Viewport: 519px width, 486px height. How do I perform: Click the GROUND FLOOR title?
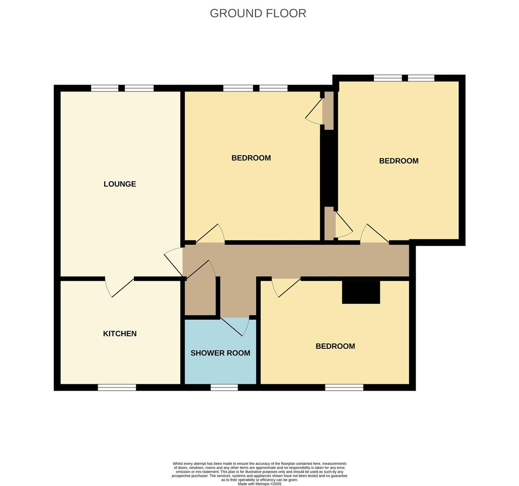tap(258, 13)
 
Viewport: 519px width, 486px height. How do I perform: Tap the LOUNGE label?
tap(120, 184)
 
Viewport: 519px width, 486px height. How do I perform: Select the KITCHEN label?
tap(120, 333)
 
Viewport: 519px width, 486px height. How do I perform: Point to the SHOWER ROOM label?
tap(221, 353)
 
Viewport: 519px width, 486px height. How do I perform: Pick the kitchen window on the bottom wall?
tap(117, 387)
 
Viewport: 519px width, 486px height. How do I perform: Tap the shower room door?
tap(235, 326)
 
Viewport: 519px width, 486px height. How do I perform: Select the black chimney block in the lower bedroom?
tap(361, 292)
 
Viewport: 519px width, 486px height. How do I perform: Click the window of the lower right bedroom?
tap(344, 387)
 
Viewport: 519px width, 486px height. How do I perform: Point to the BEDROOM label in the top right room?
tap(399, 161)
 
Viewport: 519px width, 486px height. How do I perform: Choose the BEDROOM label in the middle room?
tap(251, 158)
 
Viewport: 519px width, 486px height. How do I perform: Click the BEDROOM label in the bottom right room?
tap(335, 346)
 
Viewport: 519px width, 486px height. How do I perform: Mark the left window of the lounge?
tap(105, 88)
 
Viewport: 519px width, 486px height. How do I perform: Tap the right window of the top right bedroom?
tap(421, 78)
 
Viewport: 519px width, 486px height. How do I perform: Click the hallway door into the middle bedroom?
tap(210, 234)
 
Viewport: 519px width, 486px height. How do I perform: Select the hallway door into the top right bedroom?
tap(374, 234)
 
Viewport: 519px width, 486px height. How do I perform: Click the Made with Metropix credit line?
tap(260, 484)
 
